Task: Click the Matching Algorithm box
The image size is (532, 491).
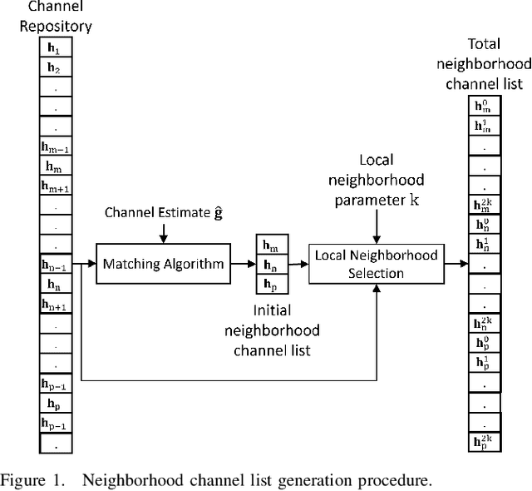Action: click(x=163, y=265)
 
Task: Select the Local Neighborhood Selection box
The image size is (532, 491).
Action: click(x=375, y=264)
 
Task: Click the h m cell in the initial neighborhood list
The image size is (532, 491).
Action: click(x=271, y=245)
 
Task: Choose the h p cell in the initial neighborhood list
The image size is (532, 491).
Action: click(x=271, y=284)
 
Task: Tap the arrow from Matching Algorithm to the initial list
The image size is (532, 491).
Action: click(x=244, y=265)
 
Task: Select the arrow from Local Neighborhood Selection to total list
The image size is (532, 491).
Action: click(x=455, y=264)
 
